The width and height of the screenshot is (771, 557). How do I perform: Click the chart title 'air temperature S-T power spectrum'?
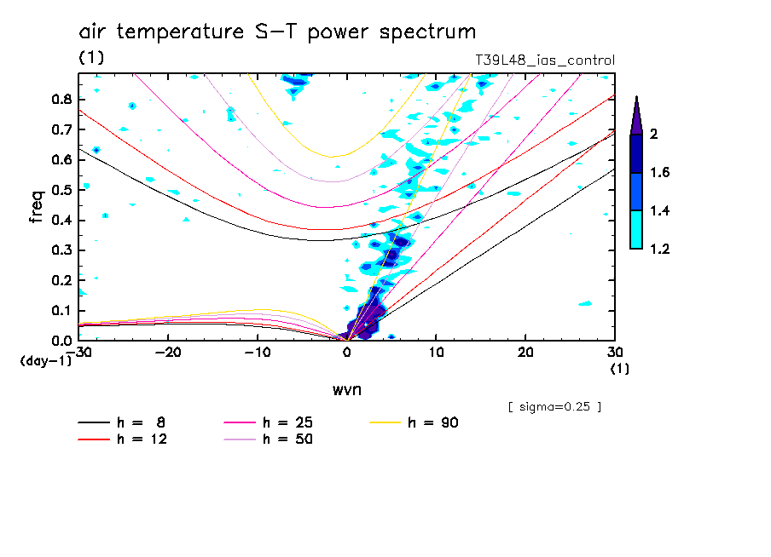point(277,33)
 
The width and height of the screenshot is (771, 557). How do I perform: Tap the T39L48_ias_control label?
point(544,60)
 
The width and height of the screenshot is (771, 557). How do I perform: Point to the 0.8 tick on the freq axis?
point(61,99)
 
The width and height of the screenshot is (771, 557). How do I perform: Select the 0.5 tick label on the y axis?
point(61,190)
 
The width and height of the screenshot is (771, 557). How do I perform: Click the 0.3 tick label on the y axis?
point(61,250)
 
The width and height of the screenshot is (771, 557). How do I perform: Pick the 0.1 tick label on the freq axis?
point(61,311)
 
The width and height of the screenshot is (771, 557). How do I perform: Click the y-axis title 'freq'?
point(37,207)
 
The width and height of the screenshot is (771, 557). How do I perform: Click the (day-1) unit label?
point(45,361)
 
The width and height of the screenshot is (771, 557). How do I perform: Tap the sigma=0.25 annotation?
point(554,407)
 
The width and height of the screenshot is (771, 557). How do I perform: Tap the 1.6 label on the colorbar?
point(658,173)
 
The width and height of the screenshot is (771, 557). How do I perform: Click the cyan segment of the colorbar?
point(636,230)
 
